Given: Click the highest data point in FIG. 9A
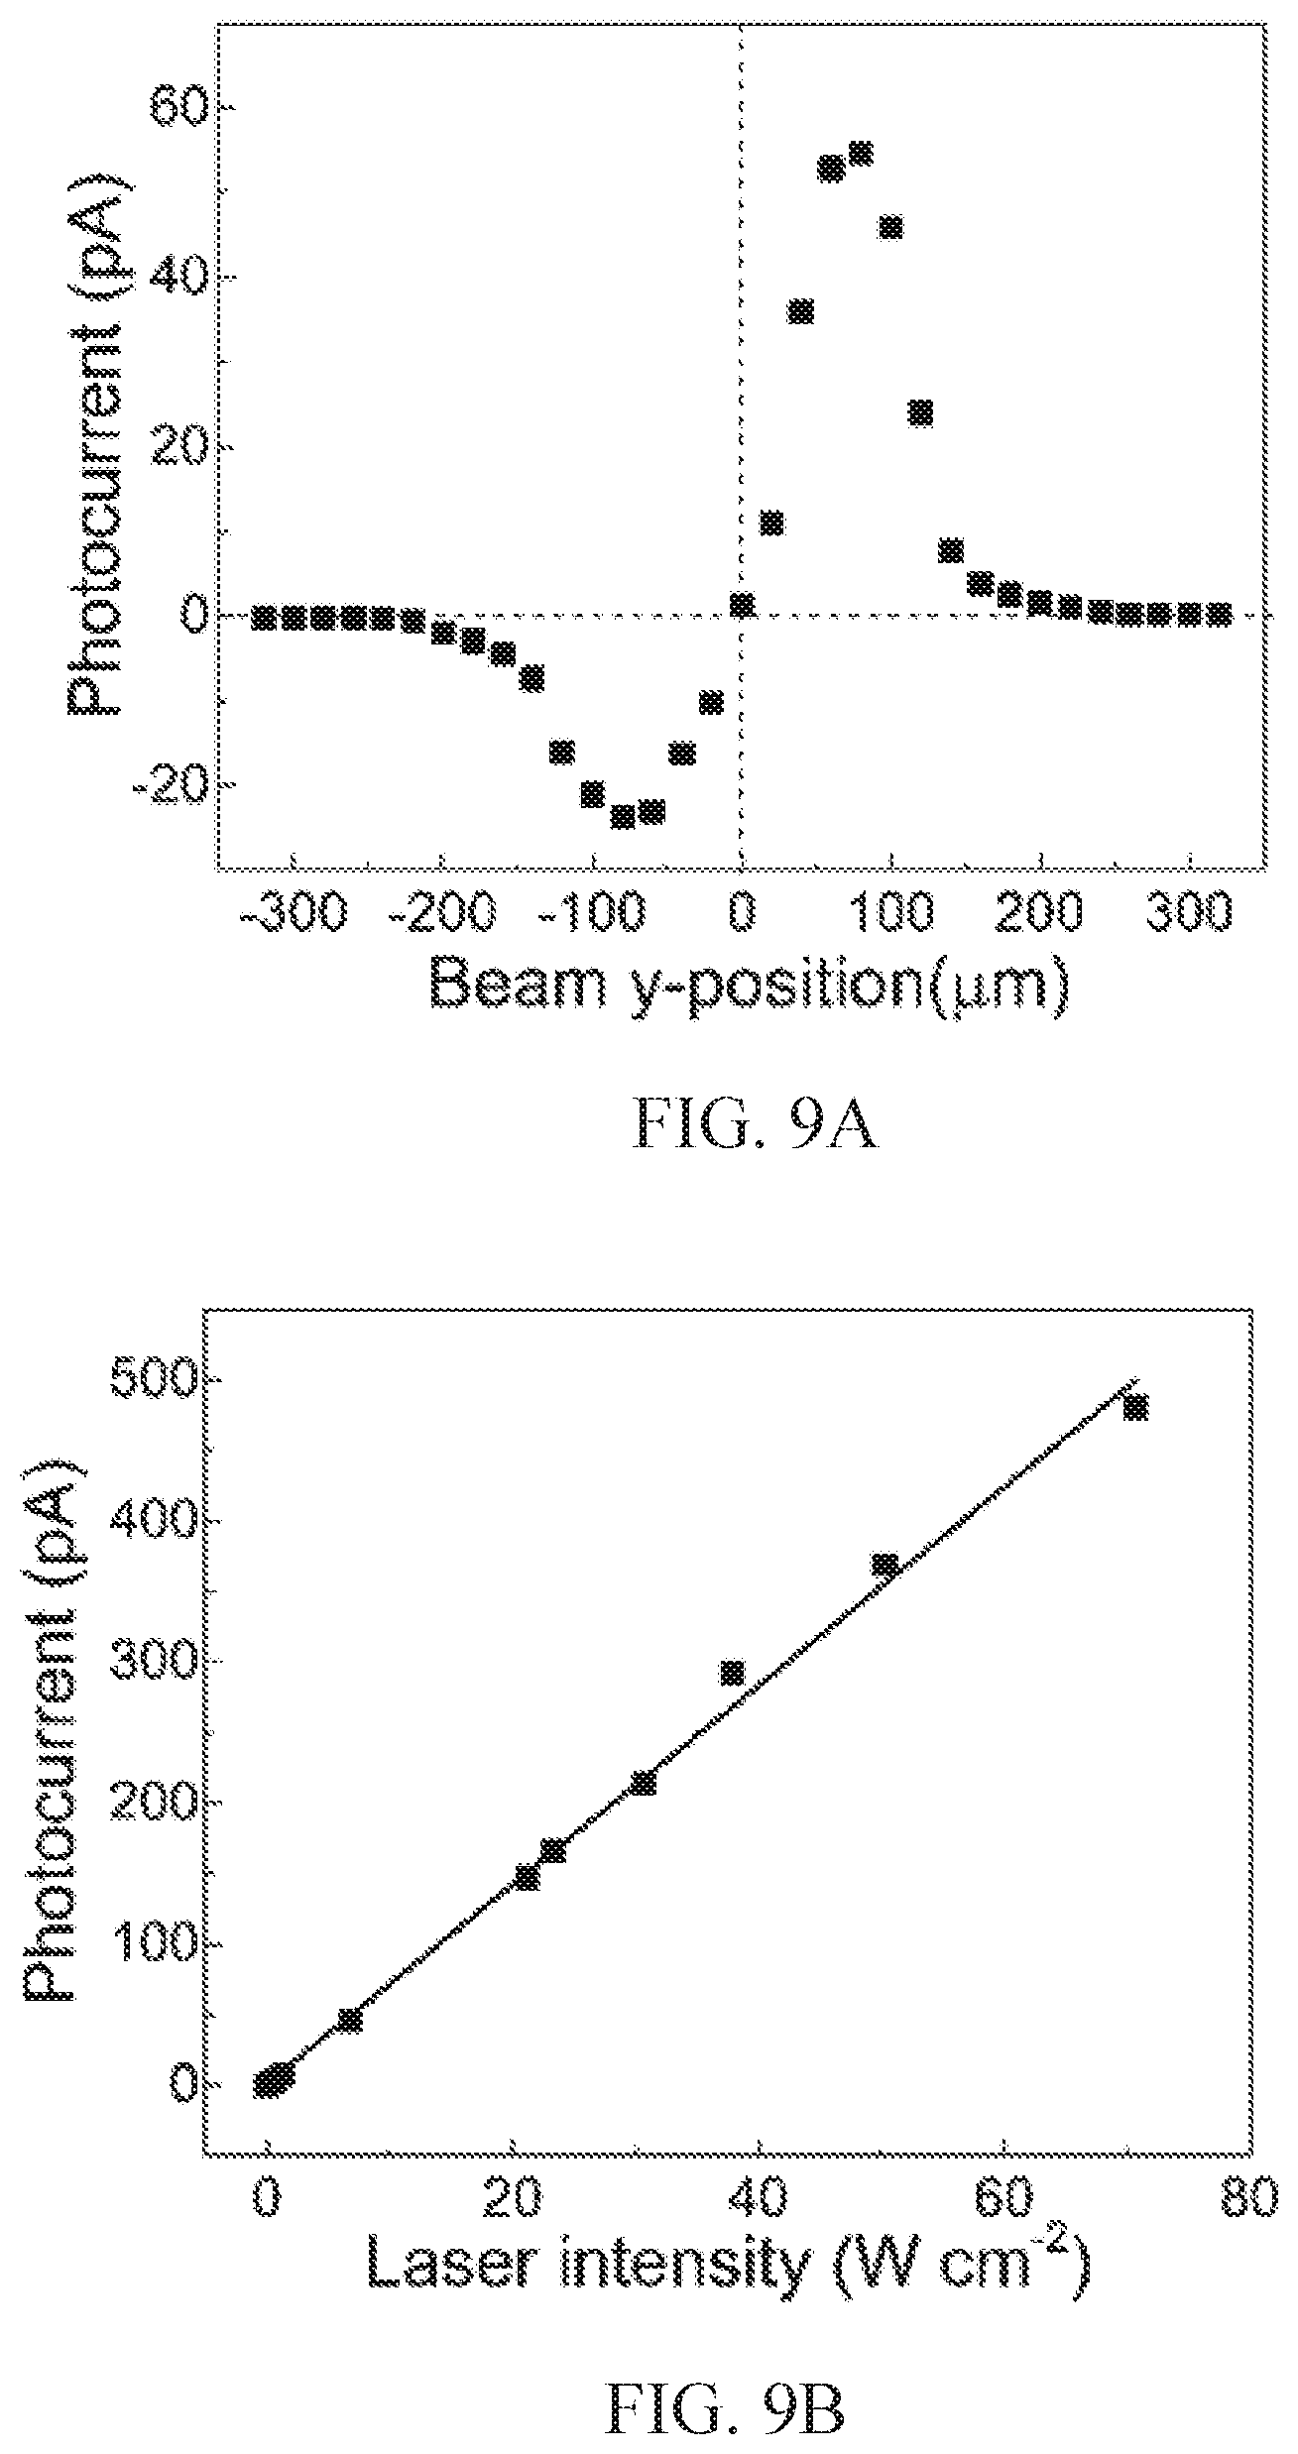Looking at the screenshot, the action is (x=860, y=154).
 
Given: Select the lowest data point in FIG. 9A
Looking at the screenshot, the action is (x=623, y=817).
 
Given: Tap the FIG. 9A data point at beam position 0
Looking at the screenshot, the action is (x=742, y=605).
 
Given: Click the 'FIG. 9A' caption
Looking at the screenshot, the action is (x=755, y=1128).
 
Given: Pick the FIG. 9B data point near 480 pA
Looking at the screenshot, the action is (x=1135, y=1407).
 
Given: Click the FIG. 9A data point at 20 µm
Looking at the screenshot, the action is (x=771, y=523).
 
